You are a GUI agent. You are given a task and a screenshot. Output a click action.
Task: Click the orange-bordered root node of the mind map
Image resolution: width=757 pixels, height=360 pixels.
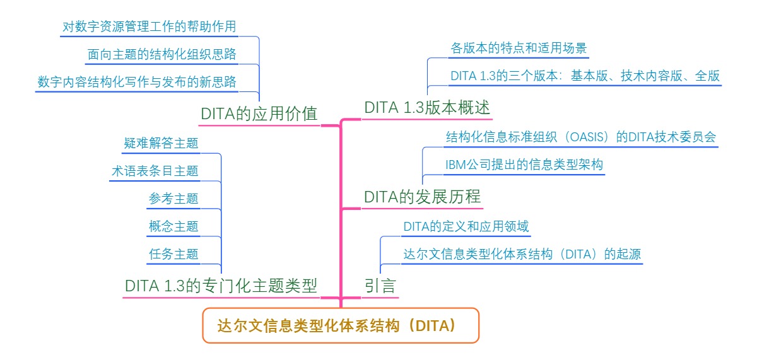coord(341,325)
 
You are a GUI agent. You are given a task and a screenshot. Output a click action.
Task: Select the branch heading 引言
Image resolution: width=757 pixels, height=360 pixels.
coord(380,286)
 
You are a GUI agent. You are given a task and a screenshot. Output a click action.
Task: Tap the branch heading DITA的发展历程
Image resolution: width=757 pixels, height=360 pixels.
coord(422,197)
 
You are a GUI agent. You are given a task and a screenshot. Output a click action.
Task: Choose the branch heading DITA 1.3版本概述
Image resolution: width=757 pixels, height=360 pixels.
coord(427,108)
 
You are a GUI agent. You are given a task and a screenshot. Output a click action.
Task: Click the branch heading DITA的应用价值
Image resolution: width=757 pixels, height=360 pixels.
coord(259,114)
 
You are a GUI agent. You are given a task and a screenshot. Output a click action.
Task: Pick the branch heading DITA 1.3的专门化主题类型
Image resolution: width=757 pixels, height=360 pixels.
coord(221,286)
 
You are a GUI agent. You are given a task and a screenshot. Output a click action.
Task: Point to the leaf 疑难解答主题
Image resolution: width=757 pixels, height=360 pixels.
coord(161,143)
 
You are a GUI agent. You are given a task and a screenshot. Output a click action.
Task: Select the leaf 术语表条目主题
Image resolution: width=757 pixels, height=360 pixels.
coord(155,171)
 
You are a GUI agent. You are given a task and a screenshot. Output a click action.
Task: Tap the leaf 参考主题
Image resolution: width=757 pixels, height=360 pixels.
coord(173,199)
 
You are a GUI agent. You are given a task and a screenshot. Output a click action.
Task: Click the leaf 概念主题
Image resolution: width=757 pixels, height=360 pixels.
coord(173,226)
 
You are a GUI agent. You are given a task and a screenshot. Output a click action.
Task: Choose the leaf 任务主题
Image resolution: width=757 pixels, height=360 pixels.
coord(173,254)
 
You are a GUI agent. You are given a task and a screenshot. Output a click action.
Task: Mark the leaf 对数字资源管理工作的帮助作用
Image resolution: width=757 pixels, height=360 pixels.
coord(150,26)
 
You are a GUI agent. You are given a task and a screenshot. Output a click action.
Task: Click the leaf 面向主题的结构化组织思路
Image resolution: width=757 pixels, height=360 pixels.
coord(161,54)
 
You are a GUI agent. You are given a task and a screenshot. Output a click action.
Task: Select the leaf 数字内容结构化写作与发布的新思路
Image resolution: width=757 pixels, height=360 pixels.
coord(137,82)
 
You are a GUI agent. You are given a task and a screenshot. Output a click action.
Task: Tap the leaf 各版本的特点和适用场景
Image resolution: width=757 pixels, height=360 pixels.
coord(519,48)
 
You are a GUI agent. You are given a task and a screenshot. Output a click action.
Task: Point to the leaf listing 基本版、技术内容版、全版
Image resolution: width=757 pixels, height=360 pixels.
coord(585,76)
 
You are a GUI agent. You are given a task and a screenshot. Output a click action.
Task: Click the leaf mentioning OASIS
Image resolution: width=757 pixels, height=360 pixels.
coord(580,137)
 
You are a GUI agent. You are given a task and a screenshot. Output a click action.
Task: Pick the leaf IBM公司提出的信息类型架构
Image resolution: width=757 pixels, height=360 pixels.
coord(524,165)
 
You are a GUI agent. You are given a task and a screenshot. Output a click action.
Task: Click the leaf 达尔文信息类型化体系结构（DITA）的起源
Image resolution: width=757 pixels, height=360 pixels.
coord(522,254)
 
